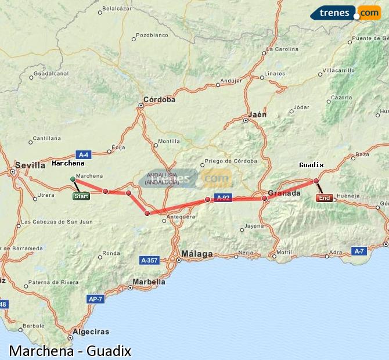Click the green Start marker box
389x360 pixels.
click(x=81, y=196)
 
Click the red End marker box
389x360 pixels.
click(x=324, y=198)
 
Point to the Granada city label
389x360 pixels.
click(x=284, y=193)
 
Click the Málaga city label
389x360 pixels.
click(x=197, y=254)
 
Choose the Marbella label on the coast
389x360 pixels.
click(x=149, y=282)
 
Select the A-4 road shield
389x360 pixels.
click(x=84, y=154)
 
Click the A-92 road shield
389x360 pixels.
click(x=223, y=197)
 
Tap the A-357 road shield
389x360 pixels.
click(x=150, y=261)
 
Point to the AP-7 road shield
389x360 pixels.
click(x=95, y=299)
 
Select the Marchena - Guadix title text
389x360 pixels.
click(x=70, y=351)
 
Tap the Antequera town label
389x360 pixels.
click(x=181, y=217)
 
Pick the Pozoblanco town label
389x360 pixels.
click(x=152, y=35)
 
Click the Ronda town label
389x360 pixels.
click(x=110, y=253)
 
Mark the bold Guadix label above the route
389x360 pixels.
click(x=311, y=165)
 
